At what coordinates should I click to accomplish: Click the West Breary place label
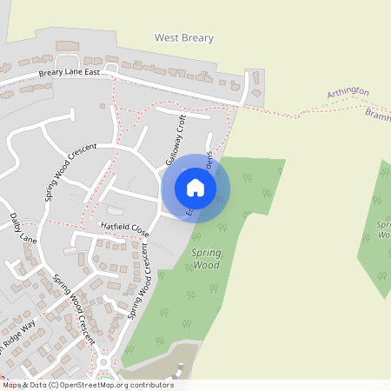point(183,38)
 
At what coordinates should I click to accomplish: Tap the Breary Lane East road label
point(76,73)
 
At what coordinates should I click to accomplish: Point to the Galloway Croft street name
point(176,142)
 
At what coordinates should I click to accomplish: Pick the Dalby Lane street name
point(23,226)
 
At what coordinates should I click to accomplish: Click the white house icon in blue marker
point(195,188)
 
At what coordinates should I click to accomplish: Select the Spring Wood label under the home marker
point(205,258)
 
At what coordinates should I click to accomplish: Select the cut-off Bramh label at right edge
point(378,116)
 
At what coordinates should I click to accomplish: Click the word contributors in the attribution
point(152,385)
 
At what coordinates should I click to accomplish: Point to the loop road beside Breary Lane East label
point(111,68)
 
